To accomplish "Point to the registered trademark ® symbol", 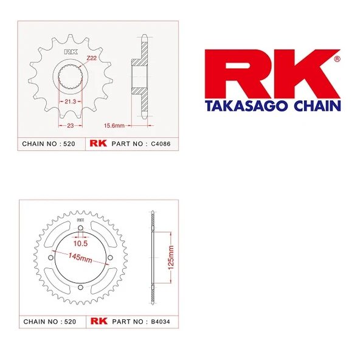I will [x=337, y=59].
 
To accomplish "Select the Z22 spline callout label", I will [x=91, y=58].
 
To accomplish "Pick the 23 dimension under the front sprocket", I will [x=71, y=126].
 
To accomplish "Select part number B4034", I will [x=161, y=321].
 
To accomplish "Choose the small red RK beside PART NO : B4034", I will [x=99, y=321].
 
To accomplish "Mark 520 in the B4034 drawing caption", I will [x=71, y=321].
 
